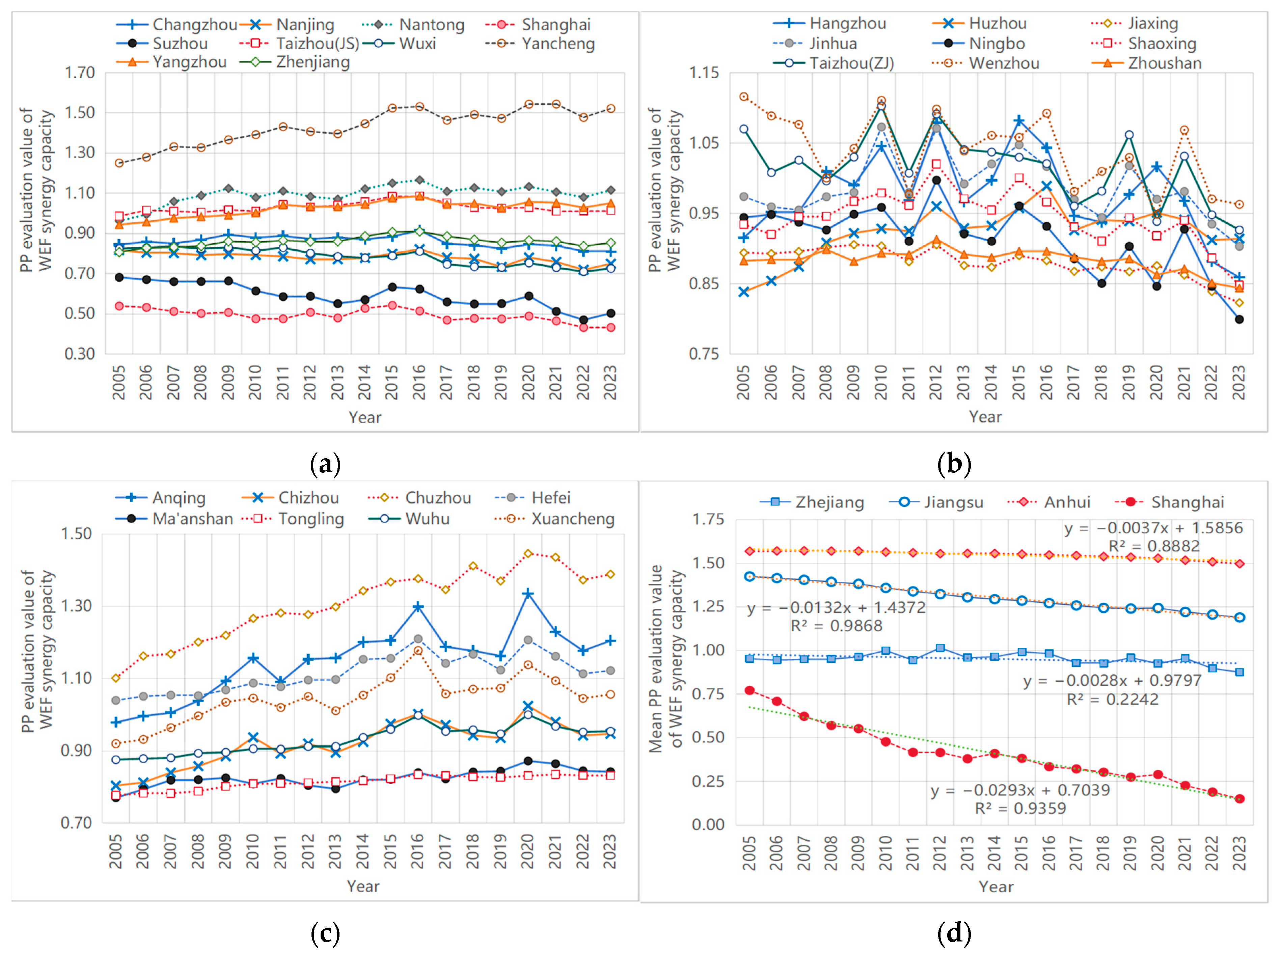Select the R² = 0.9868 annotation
pos(836,626)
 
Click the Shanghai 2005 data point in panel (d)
pos(750,690)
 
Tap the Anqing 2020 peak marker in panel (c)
pos(528,594)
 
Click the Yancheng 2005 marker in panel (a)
pos(119,163)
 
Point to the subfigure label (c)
pos(325,933)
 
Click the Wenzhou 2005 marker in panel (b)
pos(743,97)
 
